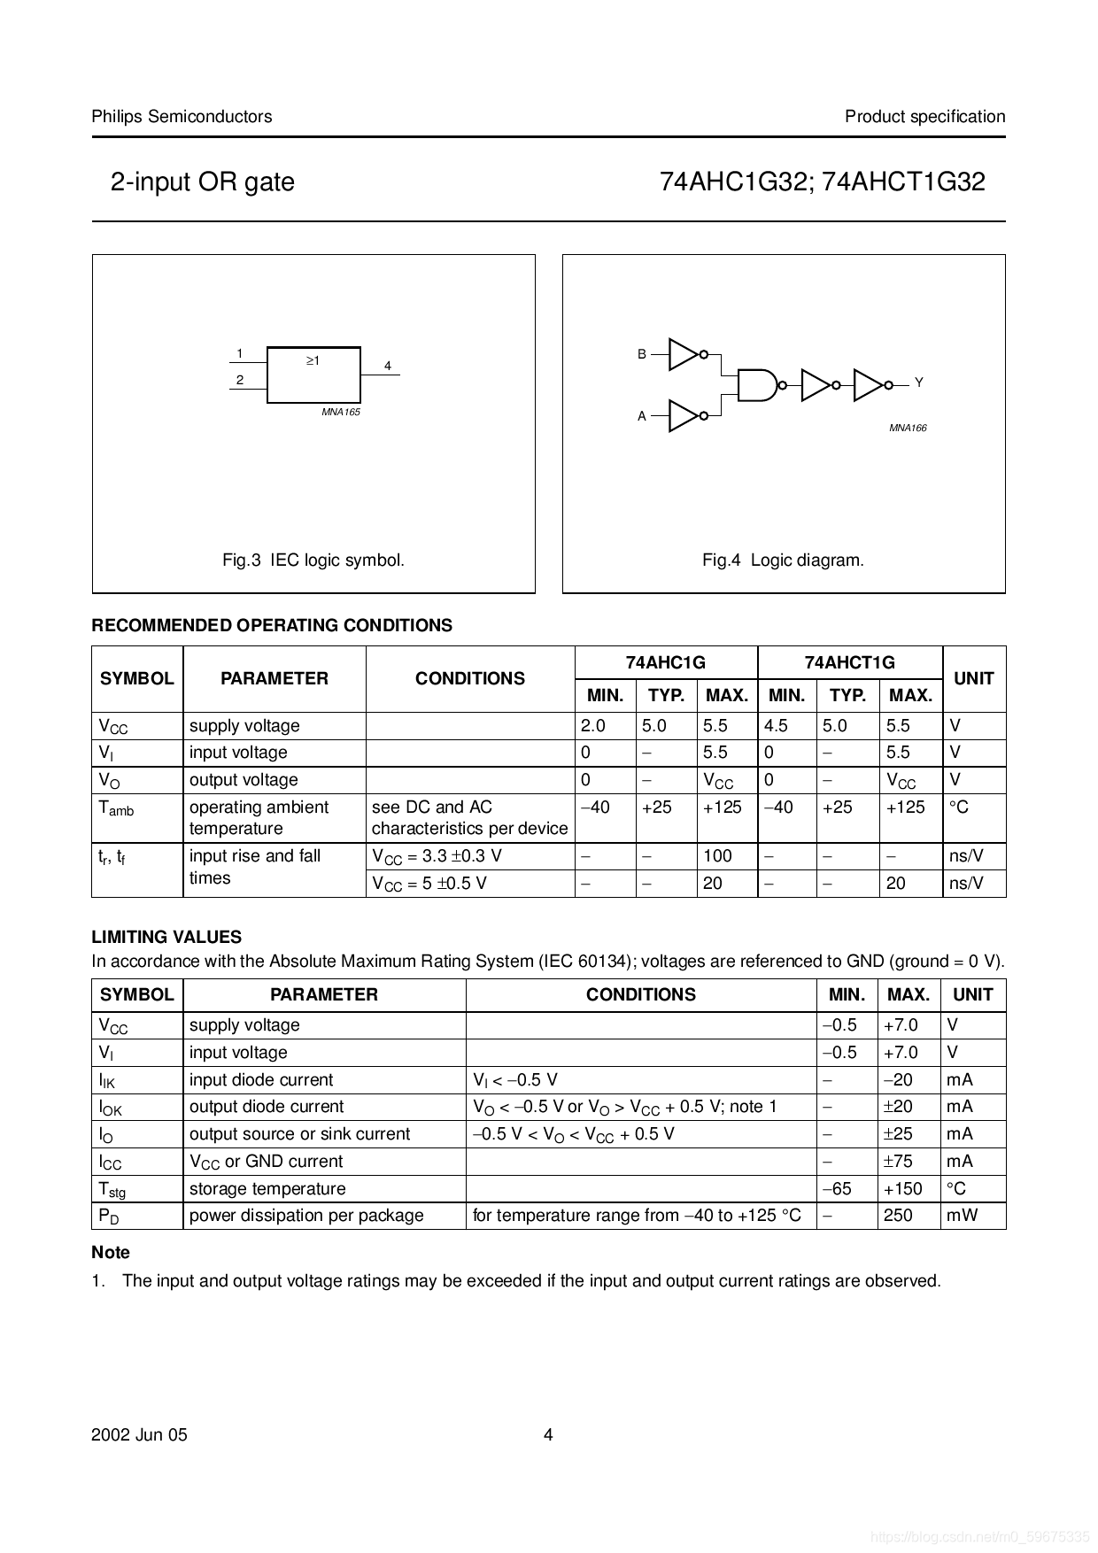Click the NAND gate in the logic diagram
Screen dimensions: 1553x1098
pos(757,384)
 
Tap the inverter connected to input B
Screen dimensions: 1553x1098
pos(683,354)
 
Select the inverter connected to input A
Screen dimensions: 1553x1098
pos(683,415)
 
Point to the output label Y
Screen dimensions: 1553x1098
pos(919,382)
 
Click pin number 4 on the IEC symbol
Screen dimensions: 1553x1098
pos(388,366)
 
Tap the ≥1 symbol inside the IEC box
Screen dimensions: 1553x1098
pos(313,361)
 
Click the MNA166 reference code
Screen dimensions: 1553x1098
pos(908,428)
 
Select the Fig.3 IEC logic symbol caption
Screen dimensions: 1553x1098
pos(313,560)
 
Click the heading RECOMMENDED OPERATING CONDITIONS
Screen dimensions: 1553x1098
pos(272,625)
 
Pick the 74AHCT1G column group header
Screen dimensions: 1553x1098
pos(849,662)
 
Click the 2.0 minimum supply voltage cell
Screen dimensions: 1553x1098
pos(593,726)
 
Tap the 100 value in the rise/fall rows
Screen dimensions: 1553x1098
pos(717,856)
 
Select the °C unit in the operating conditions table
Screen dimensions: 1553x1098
pos(959,807)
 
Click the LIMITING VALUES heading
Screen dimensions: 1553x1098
pos(166,937)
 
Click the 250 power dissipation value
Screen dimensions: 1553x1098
pos(898,1216)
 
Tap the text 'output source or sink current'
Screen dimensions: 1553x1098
pos(299,1134)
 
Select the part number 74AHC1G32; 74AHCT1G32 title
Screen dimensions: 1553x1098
pos(822,182)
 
